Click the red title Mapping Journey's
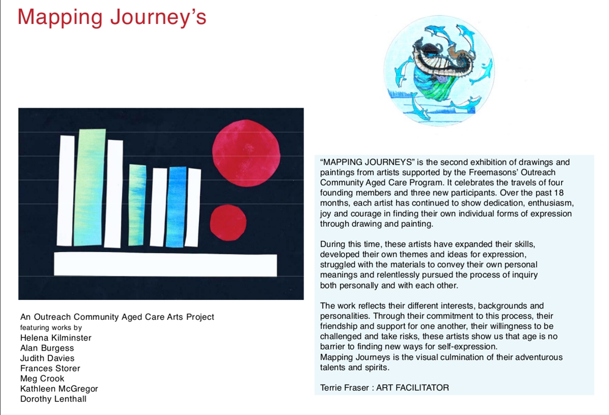112,17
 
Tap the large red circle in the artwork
246,153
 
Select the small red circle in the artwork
228,223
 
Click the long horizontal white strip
165,264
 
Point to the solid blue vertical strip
176,207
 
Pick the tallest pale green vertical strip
89,187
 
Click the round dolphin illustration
439,71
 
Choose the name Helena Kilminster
56,338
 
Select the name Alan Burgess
47,348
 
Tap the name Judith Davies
47,358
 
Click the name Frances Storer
50,368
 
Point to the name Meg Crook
42,379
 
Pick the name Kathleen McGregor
59,389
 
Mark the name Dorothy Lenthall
53,399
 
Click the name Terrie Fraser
344,387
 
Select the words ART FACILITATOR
413,387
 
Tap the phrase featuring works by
51,328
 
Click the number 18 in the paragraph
558,192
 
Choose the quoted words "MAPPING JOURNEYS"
368,162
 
